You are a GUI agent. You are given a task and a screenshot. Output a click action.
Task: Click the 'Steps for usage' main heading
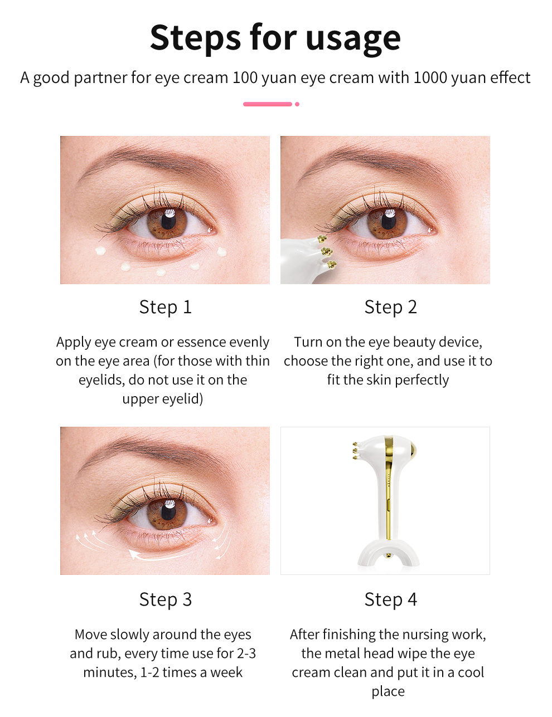point(275,37)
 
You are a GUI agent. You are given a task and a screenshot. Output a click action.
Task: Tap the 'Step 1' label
point(165,307)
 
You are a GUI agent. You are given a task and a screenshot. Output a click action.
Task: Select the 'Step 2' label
point(390,307)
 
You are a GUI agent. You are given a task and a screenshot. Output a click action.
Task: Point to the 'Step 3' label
point(165,599)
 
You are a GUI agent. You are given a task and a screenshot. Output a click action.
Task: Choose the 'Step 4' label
point(390,599)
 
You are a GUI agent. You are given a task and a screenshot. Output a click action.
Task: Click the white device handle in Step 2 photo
point(296,262)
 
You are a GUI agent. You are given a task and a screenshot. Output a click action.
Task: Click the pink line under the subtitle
point(268,104)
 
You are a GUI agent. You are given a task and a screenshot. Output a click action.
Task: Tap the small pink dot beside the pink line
point(297,104)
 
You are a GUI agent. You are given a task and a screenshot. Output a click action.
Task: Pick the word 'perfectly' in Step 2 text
point(422,380)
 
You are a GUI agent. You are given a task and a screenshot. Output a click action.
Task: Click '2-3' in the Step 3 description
point(245,653)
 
